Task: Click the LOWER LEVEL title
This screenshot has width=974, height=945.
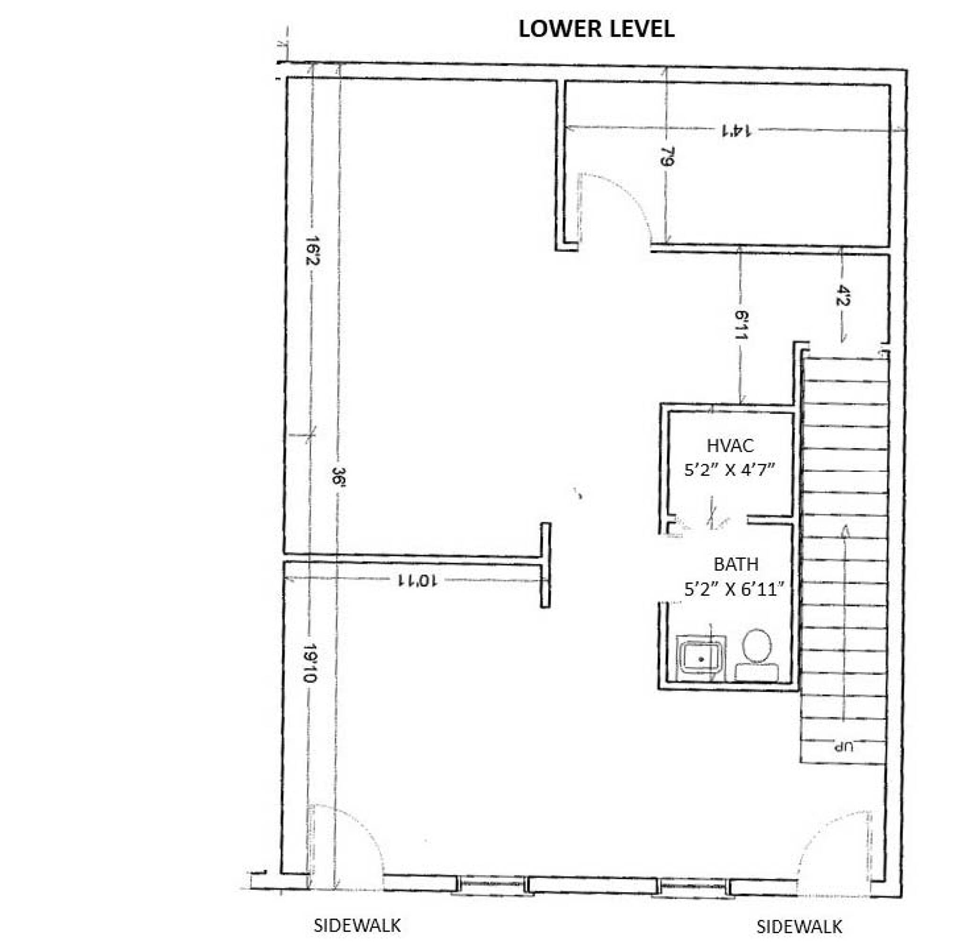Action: pyautogui.click(x=596, y=29)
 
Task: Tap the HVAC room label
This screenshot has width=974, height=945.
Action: pyautogui.click(x=730, y=445)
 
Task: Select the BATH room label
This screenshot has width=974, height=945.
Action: pyautogui.click(x=736, y=565)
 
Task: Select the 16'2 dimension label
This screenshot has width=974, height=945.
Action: pyautogui.click(x=311, y=250)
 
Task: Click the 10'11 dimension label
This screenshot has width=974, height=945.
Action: pyautogui.click(x=417, y=580)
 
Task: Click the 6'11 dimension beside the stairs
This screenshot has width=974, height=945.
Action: pyautogui.click(x=741, y=326)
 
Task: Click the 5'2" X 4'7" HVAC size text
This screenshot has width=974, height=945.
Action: pyautogui.click(x=730, y=470)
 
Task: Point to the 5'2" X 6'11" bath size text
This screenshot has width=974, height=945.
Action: pyautogui.click(x=734, y=589)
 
